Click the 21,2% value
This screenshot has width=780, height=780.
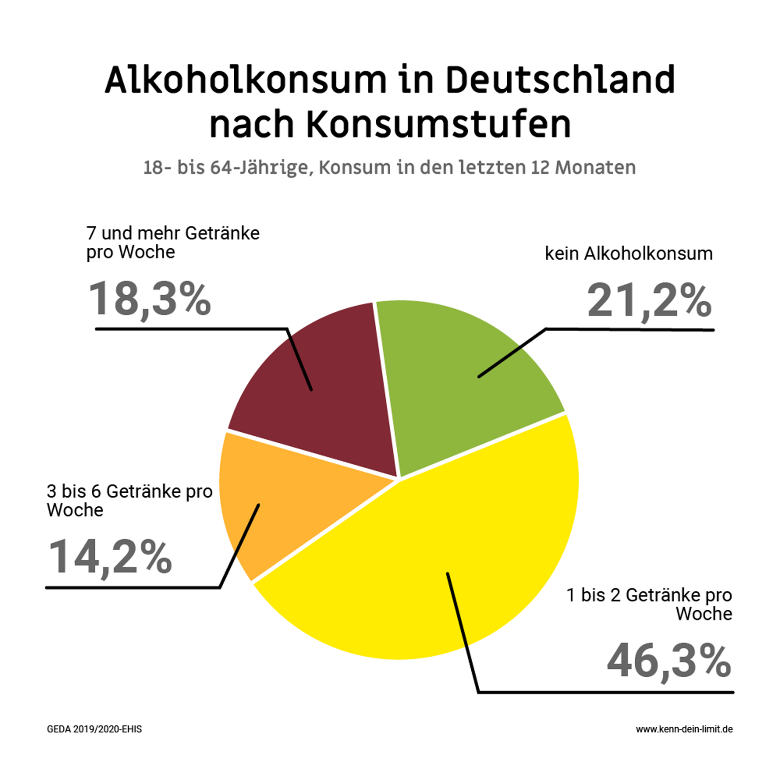tap(649, 300)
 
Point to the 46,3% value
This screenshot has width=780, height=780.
tap(669, 661)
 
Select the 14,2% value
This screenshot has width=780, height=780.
tap(110, 556)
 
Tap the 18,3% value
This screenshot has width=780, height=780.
tap(150, 299)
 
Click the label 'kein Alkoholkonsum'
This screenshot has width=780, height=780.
tap(628, 253)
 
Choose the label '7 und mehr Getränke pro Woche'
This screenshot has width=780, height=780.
tap(173, 243)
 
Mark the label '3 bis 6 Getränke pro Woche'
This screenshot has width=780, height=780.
tap(129, 500)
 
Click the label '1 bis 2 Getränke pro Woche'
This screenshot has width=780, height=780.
tap(650, 604)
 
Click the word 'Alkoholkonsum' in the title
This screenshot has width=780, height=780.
tap(246, 80)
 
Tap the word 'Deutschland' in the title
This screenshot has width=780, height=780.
tap(560, 80)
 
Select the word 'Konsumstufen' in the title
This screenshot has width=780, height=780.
tap(438, 124)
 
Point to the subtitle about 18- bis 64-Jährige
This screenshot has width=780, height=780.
tap(389, 167)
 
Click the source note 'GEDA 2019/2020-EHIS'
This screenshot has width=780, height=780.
tap(94, 729)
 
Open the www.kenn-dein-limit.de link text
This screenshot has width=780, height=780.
tap(684, 729)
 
